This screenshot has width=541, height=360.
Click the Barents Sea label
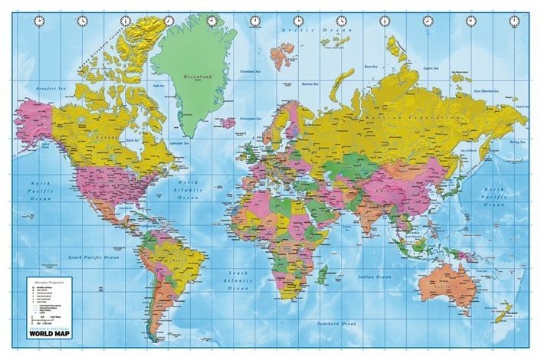click(x=310, y=85)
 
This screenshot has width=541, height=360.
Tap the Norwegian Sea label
click(x=254, y=119)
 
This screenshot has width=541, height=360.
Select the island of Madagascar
click(x=325, y=273)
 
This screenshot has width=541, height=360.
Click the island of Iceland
click(x=226, y=122)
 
